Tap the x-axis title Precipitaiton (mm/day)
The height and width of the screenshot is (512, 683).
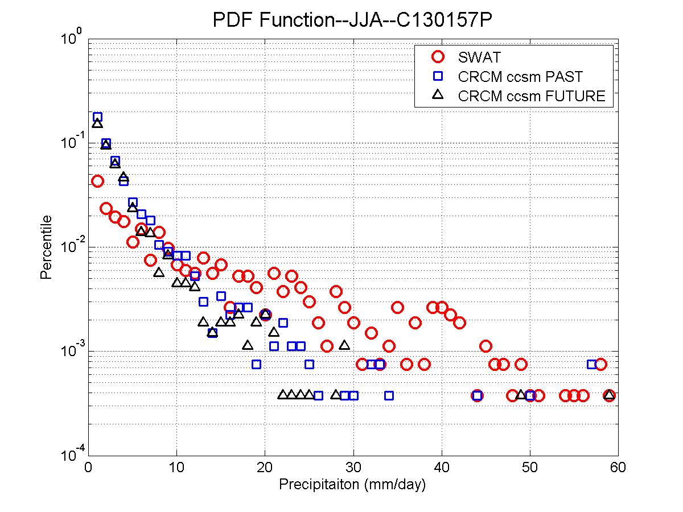coord(352,485)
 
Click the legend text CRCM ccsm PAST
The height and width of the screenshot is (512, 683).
coord(520,76)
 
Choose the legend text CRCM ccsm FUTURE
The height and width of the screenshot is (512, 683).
coord(532,96)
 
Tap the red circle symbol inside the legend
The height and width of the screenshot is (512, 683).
coord(438,57)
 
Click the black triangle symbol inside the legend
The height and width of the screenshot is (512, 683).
coord(438,95)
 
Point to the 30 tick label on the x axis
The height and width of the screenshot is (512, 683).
coord(353,468)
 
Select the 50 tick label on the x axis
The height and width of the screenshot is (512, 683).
coord(530,468)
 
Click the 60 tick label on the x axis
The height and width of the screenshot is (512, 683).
coord(618,468)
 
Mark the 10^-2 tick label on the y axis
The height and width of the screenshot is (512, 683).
coord(73,246)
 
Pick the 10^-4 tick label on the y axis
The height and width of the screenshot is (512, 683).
coord(73,455)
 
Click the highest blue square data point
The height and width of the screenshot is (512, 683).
coord(97,117)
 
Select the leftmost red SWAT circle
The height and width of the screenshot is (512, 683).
coord(97,181)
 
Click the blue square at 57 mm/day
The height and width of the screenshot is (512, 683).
coord(592,364)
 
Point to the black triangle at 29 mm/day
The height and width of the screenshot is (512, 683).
coord(344,345)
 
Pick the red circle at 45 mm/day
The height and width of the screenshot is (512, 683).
coord(485,346)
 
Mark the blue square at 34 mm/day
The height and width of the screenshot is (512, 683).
coord(389,395)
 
